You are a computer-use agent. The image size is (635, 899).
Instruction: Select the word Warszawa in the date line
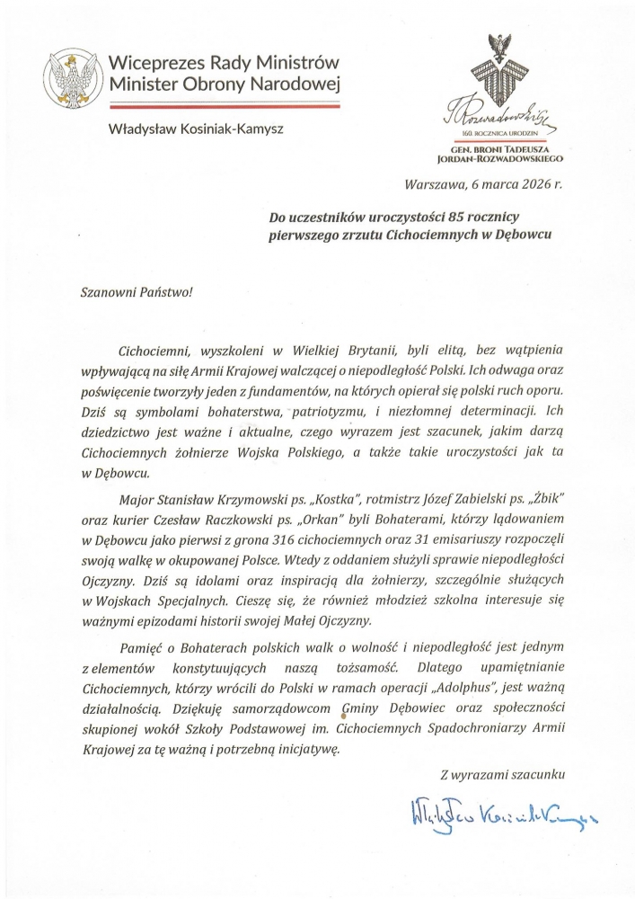436,186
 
